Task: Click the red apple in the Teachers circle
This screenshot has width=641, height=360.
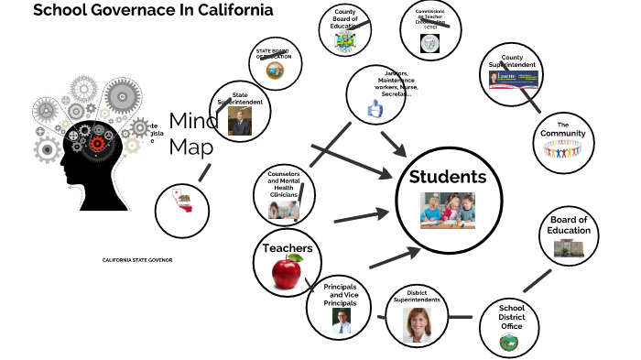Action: (287, 270)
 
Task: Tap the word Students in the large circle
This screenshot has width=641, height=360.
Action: (448, 177)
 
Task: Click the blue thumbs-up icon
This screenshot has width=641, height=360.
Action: (375, 110)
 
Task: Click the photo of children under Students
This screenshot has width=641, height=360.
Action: (448, 210)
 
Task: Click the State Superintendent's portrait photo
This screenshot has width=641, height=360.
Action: (240, 123)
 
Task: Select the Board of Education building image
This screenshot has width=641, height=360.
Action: (567, 248)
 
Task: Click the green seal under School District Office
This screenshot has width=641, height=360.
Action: (508, 342)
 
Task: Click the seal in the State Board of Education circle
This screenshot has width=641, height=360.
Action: (273, 71)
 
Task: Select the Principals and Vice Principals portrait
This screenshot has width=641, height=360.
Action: (341, 320)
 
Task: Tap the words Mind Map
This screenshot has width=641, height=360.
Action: (192, 134)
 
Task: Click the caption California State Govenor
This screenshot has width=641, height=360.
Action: (137, 260)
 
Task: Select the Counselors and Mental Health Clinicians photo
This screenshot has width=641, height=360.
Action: (282, 210)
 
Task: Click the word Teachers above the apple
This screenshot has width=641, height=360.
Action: (288, 248)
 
